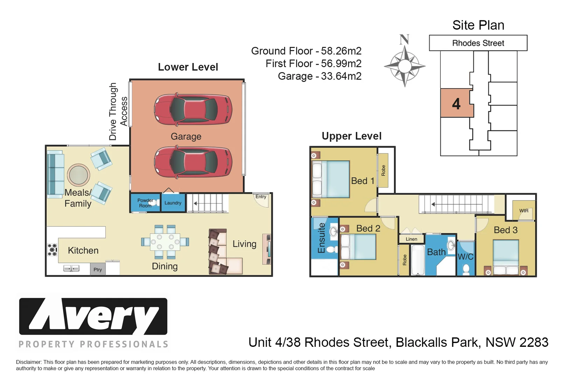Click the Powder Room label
pos(145,203)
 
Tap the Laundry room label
pos(173,203)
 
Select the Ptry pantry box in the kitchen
pos(98,269)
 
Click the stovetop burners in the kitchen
pos(52,250)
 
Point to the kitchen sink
pos(71,268)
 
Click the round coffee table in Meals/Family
pos(78,175)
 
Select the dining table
pos(165,242)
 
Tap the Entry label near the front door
pos(261,197)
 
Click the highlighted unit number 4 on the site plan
pos(456,104)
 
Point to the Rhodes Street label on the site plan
pos(478,43)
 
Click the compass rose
pos(405,66)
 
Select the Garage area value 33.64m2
pos(341,76)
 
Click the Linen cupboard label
pos(412,239)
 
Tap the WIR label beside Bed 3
pos(524,211)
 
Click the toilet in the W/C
pos(466,269)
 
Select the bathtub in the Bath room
pos(418,260)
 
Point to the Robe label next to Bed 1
pos(383,170)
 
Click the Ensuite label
pos(321,238)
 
